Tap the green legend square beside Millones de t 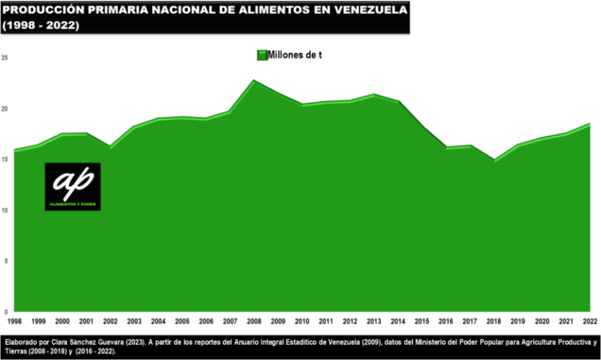pos(261,55)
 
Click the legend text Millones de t pos(295,55)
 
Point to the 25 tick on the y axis pos(5,58)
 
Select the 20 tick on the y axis pos(5,109)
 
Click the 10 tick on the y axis pos(5,210)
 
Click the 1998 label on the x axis pos(14,321)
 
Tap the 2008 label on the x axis pos(253,321)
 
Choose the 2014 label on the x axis pos(398,321)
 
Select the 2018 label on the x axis pos(493,321)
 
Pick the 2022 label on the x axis pos(589,321)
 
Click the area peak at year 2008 pos(253,80)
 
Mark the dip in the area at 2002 pos(110,147)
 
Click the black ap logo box pos(73,186)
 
